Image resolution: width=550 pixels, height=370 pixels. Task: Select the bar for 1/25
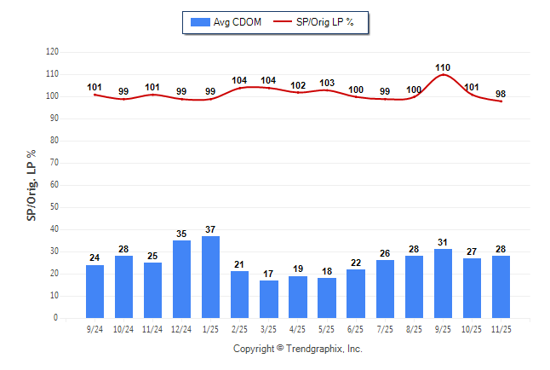click(210, 277)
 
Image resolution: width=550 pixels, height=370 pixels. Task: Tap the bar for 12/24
click(181, 280)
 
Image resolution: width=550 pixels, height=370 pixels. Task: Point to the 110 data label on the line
click(442, 66)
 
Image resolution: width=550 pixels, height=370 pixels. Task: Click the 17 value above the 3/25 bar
click(268, 273)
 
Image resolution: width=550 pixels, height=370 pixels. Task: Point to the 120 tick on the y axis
click(52, 52)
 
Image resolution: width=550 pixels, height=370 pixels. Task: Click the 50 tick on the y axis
click(54, 207)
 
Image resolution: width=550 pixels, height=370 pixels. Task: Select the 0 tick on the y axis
click(56, 318)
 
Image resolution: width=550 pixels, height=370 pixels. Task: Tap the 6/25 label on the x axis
click(355, 328)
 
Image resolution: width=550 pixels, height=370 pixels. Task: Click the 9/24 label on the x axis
click(95, 328)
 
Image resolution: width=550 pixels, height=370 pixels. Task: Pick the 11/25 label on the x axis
click(500, 328)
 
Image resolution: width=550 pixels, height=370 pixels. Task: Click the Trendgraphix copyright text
click(297, 349)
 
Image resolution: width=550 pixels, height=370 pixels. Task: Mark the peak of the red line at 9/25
click(443, 75)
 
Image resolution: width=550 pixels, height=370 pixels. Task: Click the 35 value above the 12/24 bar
click(181, 233)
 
